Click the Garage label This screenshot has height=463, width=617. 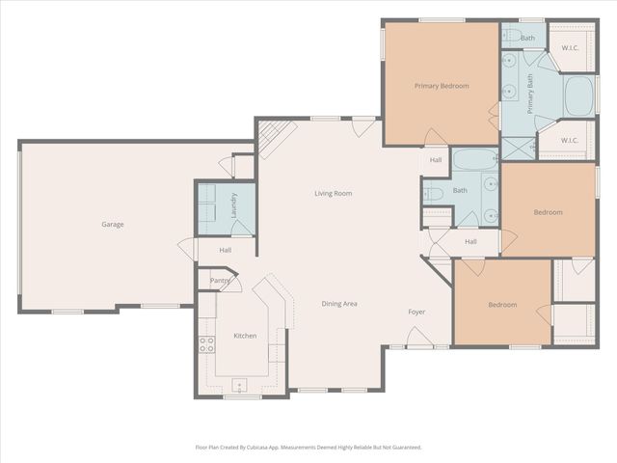(113, 225)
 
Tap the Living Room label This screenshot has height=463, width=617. (333, 194)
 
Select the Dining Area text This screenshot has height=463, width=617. (339, 304)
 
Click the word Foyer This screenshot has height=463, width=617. (416, 312)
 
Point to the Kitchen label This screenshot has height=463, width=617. (245, 336)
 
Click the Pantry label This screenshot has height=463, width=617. (220, 282)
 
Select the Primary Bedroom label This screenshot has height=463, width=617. (442, 86)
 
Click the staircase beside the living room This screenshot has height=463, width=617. (270, 138)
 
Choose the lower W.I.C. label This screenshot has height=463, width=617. (569, 140)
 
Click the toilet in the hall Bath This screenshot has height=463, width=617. (433, 194)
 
